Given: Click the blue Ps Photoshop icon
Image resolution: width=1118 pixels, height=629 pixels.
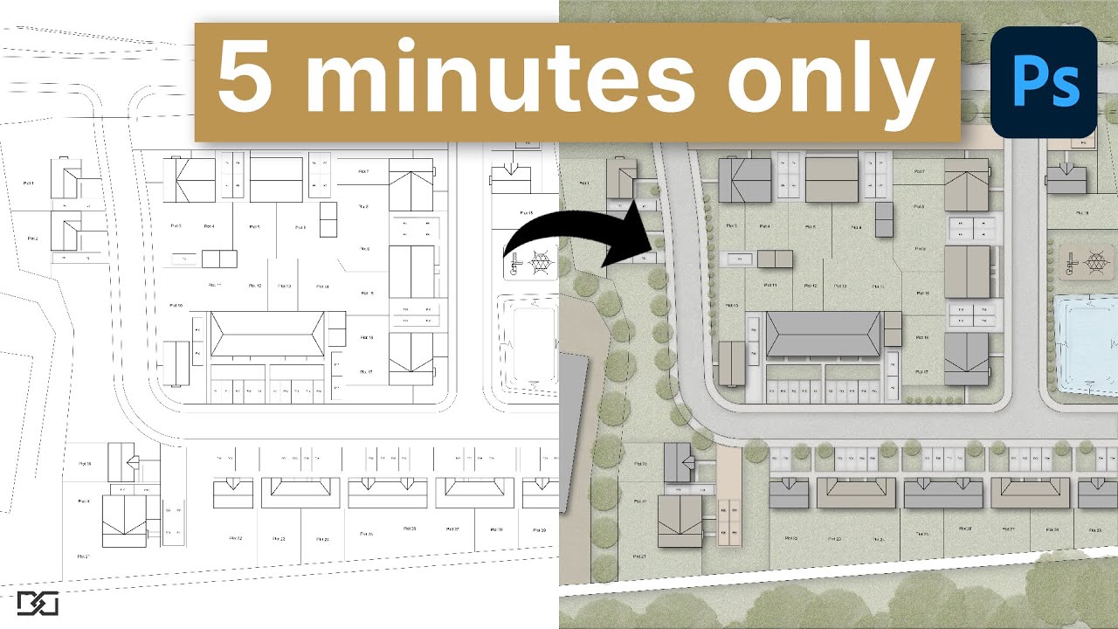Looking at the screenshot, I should coord(1043,82).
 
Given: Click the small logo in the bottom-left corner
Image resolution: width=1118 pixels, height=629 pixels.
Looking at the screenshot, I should coord(37,604).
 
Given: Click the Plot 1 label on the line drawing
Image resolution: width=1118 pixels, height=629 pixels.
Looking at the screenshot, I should coord(29,183).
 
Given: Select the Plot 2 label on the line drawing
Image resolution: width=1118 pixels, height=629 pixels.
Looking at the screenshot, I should coord(32,238).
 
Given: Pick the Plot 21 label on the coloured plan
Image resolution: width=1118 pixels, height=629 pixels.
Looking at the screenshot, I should coord(638,556).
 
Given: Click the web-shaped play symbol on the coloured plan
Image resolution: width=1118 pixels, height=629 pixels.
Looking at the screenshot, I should coord(1094,259).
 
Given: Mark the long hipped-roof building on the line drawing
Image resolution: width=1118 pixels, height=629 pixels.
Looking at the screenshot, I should coord(267,335).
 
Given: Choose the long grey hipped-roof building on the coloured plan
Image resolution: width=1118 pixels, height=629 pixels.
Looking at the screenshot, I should coord(824,335).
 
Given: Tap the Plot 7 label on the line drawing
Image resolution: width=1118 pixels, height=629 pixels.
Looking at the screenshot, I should coord(363,171).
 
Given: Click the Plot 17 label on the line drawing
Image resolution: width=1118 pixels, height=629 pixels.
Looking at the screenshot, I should coord(365,372).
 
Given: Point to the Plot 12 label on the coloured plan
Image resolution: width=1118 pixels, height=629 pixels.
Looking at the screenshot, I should coord(810,286).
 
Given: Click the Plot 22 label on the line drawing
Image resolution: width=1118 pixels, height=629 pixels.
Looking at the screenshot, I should coord(235,538).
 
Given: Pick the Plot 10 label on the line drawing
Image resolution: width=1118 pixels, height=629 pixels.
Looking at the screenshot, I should coord(175,306).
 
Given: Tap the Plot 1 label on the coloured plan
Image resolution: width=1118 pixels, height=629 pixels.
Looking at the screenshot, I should coord(584,183).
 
